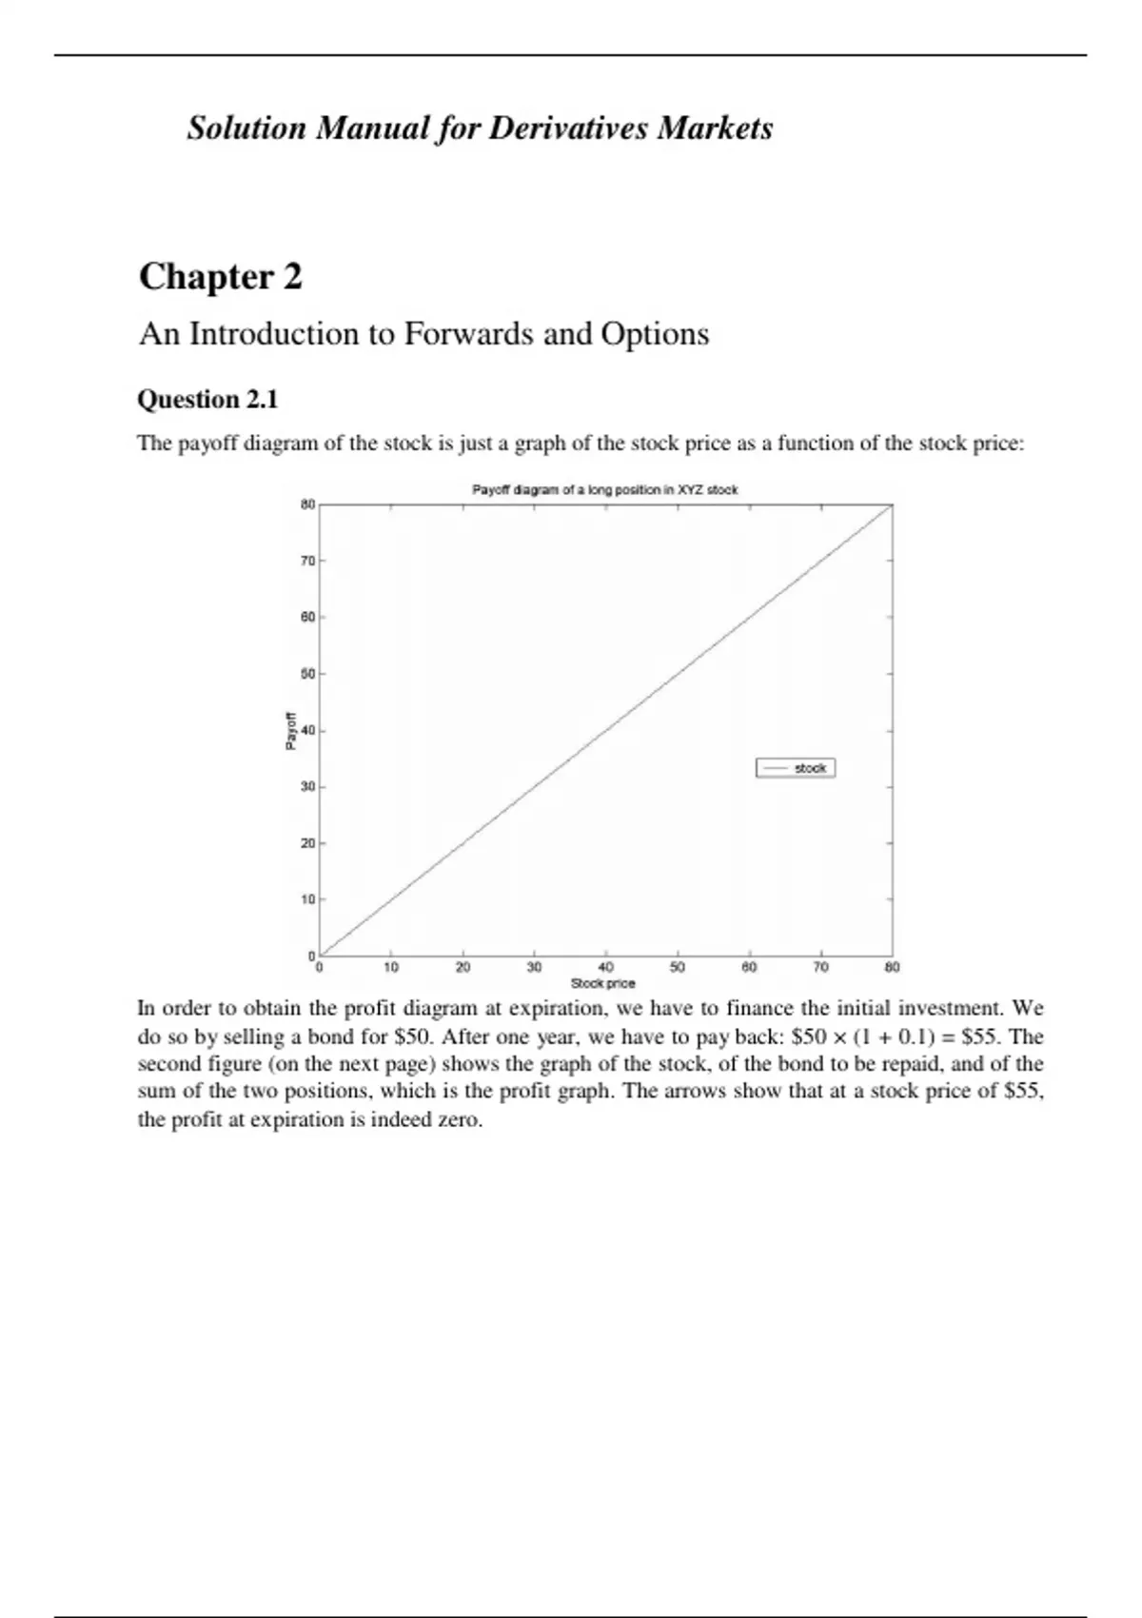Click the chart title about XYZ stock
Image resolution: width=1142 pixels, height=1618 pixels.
pos(605,490)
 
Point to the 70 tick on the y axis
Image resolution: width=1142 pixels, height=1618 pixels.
pos(307,562)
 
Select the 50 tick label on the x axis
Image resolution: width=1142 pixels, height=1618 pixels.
pos(678,968)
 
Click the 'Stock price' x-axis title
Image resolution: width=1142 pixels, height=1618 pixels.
pos(602,983)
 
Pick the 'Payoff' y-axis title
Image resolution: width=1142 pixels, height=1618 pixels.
pos(291,731)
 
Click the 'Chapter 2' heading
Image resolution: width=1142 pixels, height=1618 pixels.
pos(221,277)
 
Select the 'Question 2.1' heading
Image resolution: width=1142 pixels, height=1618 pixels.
pos(207,399)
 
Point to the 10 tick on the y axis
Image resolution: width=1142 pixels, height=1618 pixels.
pos(307,899)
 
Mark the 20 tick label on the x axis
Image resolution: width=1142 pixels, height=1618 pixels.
pos(463,968)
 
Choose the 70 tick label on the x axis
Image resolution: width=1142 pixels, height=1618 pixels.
pos(820,968)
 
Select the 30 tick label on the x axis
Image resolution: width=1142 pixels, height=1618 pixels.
pos(534,968)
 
